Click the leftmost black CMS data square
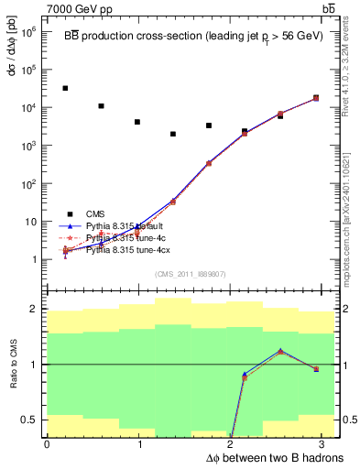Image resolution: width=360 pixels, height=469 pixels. point(65,88)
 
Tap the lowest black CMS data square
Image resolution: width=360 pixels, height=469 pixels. point(172,134)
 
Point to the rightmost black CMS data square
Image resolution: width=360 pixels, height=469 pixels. point(316,98)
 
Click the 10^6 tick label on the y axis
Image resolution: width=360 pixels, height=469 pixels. point(29,31)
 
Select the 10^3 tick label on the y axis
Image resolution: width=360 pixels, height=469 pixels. point(29,146)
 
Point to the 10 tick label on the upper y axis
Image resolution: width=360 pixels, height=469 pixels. point(31,222)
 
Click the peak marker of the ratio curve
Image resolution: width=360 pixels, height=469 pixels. point(280,351)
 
